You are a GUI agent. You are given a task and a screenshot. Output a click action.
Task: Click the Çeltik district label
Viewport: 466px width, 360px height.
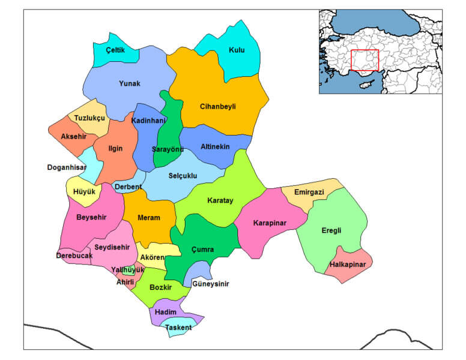115,50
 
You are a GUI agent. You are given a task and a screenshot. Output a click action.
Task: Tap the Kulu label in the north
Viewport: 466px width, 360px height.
237,50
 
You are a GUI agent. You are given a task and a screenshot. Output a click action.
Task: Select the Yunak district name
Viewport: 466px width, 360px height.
129,84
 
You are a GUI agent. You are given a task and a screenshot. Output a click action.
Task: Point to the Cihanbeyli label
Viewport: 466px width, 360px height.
217,107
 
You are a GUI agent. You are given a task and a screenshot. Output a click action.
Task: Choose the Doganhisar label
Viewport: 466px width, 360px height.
67,167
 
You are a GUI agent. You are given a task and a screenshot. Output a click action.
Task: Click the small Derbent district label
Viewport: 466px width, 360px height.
128,187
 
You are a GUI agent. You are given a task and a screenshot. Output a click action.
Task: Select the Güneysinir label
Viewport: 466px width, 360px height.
210,284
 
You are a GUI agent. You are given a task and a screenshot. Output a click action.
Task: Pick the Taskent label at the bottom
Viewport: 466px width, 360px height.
178,328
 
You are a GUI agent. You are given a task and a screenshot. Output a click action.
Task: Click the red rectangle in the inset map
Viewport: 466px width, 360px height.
365,60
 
